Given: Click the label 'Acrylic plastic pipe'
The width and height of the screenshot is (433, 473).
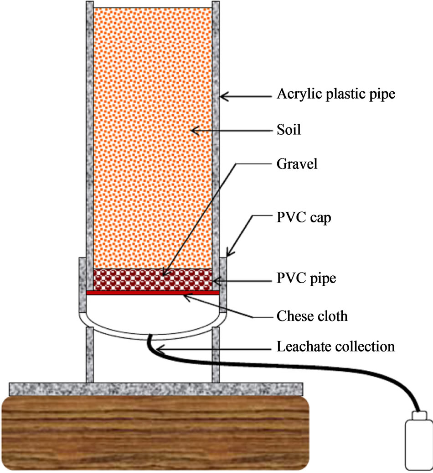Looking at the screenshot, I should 335,95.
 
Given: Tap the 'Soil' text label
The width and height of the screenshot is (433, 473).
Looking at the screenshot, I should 289,131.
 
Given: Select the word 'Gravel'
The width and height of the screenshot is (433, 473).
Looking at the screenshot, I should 296,164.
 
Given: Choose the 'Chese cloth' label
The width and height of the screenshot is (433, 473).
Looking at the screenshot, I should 312,315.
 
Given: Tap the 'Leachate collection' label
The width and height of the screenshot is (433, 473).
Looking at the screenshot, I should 335,347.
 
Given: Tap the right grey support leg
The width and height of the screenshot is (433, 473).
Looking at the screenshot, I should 216,356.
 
